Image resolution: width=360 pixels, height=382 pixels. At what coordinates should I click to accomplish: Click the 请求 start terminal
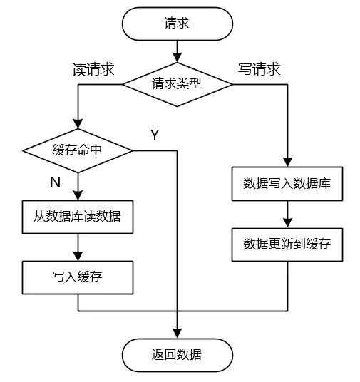click(178, 24)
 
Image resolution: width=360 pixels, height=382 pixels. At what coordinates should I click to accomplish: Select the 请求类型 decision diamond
click(178, 84)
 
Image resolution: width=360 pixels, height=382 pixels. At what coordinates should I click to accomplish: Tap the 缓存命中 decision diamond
click(78, 150)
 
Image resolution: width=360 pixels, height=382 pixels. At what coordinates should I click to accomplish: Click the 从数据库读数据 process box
click(78, 217)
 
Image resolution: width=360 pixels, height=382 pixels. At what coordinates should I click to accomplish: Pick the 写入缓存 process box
click(78, 277)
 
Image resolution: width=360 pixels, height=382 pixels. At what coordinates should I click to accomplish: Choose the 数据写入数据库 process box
click(287, 184)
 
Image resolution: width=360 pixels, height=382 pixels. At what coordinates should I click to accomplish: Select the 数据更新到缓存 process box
click(287, 244)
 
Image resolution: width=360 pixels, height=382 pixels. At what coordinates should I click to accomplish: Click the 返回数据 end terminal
click(178, 355)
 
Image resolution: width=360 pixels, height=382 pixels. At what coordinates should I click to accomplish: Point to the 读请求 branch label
click(93, 69)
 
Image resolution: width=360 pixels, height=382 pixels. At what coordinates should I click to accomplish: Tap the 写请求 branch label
click(259, 69)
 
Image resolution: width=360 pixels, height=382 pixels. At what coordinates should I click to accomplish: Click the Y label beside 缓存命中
click(155, 135)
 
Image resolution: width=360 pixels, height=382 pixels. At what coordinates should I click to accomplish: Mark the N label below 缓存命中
click(56, 182)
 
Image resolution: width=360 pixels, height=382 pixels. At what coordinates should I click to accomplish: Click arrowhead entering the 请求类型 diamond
click(178, 58)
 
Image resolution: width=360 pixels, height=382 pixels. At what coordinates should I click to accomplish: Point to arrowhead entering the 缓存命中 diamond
click(78, 124)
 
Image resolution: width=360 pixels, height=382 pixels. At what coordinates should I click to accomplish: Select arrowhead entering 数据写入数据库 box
click(287, 162)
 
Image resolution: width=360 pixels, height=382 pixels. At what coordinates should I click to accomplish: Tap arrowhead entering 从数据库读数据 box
click(78, 195)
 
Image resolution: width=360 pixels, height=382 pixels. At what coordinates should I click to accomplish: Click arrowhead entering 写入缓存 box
click(78, 256)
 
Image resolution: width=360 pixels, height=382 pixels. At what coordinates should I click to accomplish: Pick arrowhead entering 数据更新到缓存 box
click(287, 223)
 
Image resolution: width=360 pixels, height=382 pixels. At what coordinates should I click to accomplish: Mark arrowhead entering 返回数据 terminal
click(178, 334)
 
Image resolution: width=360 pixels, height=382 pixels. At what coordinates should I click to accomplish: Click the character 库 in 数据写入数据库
click(324, 184)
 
